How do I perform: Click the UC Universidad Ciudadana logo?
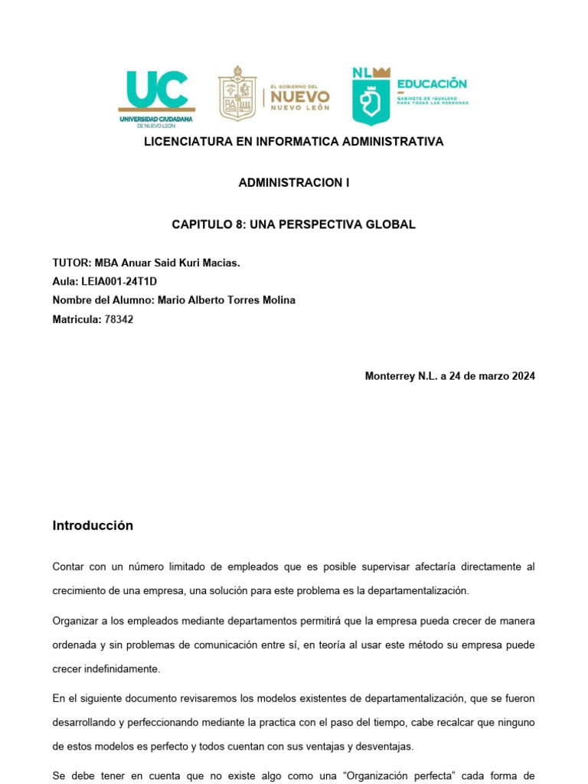[x=156, y=96]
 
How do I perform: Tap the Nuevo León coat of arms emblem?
[x=237, y=93]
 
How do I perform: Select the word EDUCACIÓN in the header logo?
[x=431, y=84]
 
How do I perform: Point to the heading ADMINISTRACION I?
[x=294, y=183]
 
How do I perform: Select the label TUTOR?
[x=71, y=263]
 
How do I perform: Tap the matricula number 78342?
[x=119, y=318]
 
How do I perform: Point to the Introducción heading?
[x=93, y=526]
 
